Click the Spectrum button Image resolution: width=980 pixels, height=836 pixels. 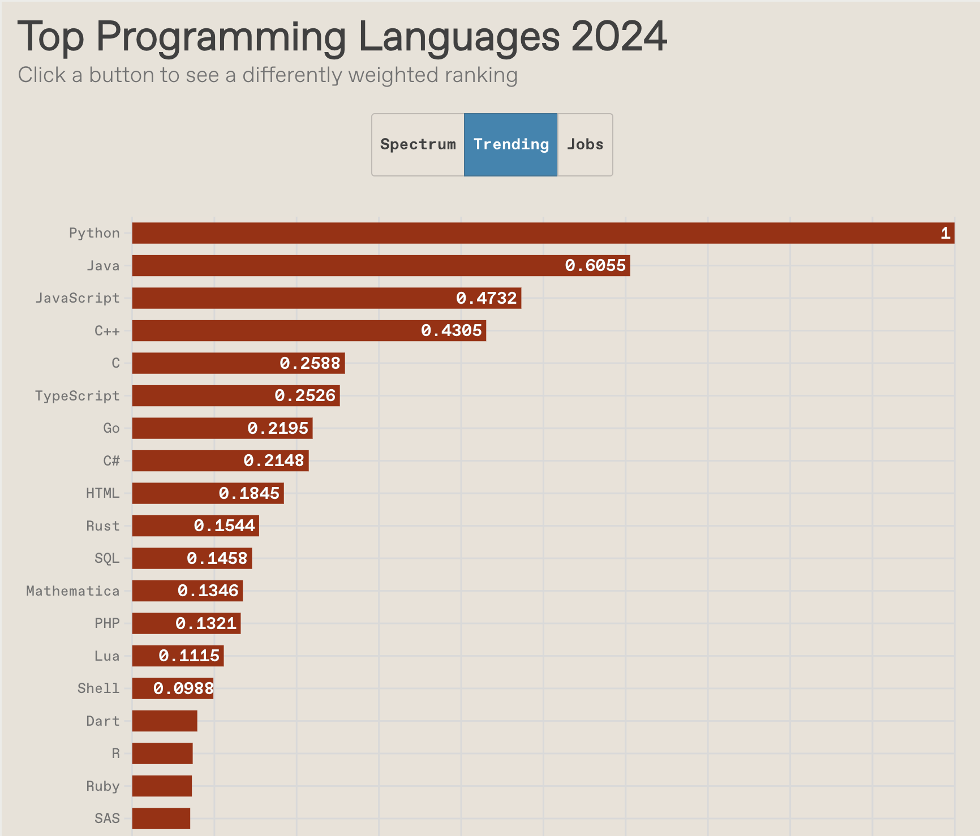coord(418,145)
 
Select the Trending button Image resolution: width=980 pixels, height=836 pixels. coord(511,145)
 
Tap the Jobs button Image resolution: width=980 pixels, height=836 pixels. coord(585,145)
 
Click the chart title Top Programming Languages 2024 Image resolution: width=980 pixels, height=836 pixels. coord(342,37)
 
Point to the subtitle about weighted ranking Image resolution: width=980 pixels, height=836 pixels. coord(268,75)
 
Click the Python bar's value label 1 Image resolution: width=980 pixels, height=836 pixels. coord(945,233)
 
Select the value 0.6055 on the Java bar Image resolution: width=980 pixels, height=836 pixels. coord(595,265)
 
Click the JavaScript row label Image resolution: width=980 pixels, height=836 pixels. coord(78,298)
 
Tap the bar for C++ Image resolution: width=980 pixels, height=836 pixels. coord(309,330)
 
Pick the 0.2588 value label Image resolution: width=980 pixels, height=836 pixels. coord(310,363)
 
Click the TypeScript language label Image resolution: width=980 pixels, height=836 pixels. coord(78,396)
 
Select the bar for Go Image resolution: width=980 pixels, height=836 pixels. coord(222,428)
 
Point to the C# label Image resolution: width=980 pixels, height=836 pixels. coord(111,461)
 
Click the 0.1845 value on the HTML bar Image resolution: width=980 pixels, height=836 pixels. coord(249,493)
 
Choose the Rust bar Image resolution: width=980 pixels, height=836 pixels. coord(195,526)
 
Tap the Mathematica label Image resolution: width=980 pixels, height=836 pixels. coord(73,591)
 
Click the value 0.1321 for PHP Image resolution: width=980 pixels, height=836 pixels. coord(206,623)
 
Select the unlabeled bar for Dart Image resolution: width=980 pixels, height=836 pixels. coord(165,721)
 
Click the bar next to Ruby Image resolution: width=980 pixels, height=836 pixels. coord(162,786)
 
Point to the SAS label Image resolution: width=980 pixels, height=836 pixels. coord(108,818)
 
